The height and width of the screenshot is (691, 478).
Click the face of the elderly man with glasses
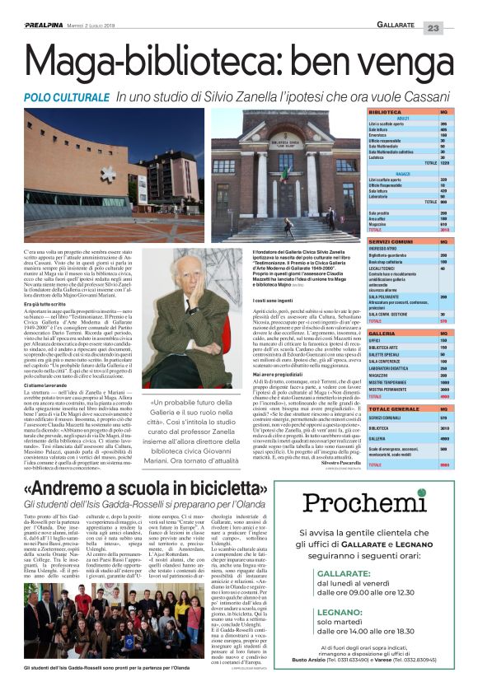coord(186,284)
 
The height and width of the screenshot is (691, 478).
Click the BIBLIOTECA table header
coord(362,111)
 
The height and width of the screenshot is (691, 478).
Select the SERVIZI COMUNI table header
coord(373,240)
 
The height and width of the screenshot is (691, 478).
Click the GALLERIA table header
coord(360,333)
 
